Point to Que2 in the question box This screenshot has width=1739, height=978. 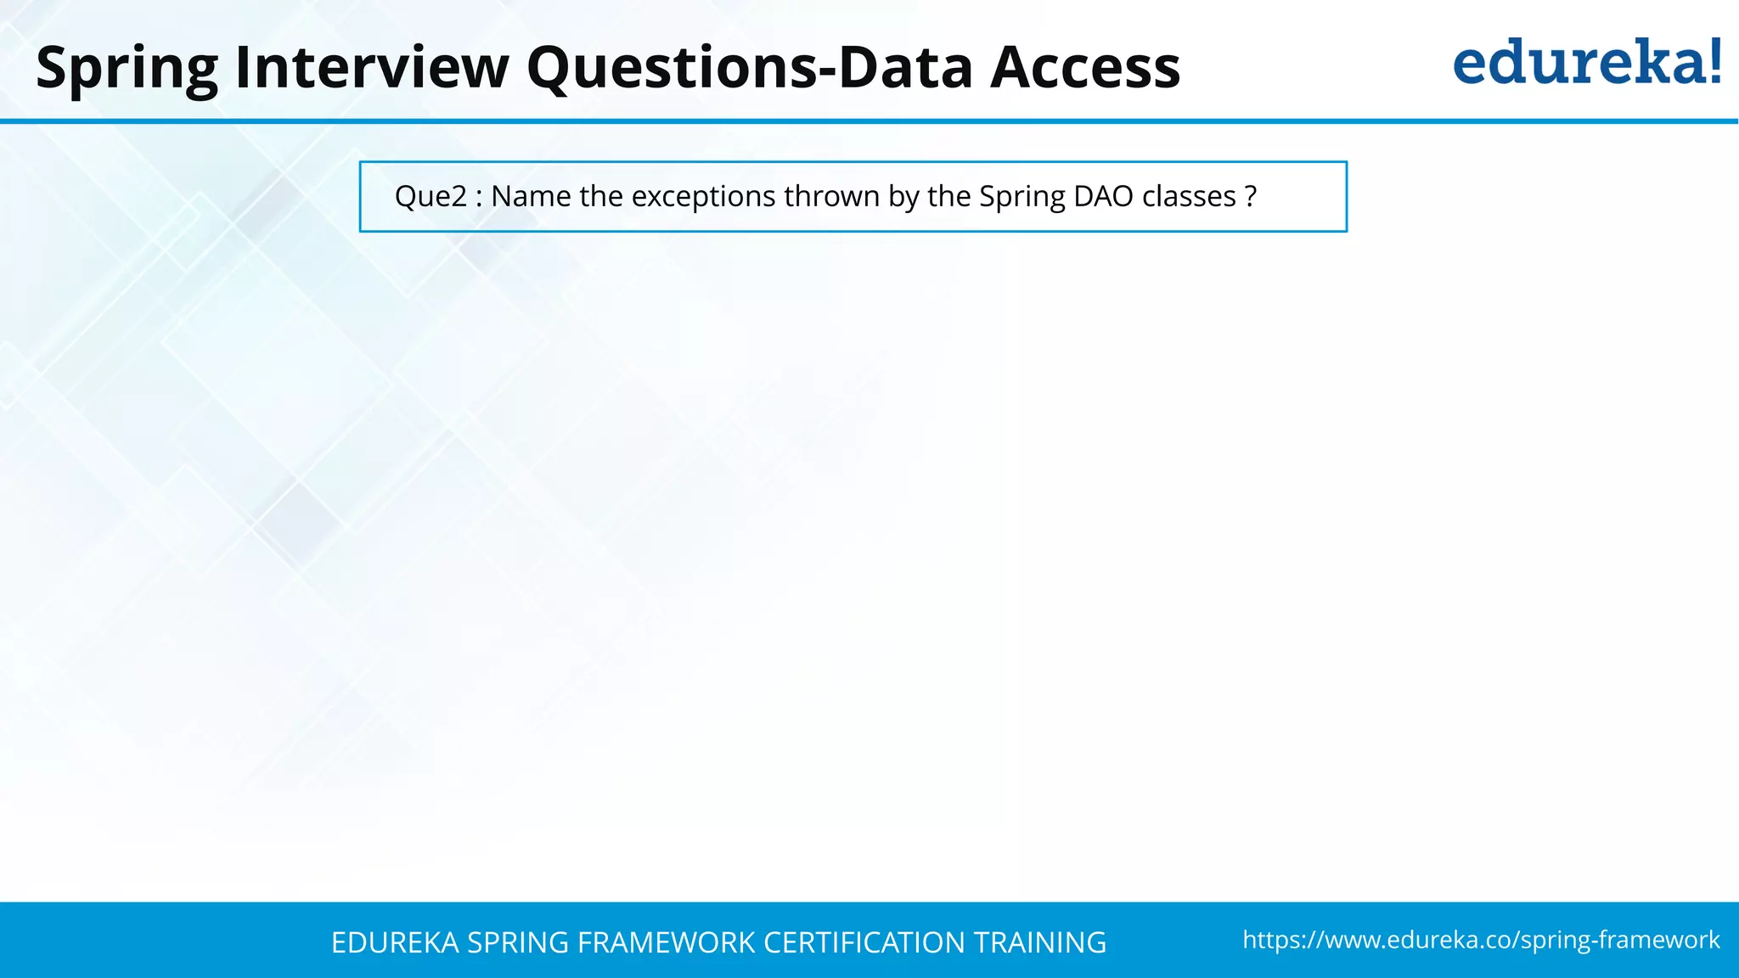[x=431, y=196]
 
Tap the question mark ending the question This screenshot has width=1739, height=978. [x=1250, y=196]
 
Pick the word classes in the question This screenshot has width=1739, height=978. [x=1189, y=196]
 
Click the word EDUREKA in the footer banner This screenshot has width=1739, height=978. [x=395, y=942]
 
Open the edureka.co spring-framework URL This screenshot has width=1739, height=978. [x=1481, y=940]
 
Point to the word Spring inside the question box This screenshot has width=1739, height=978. [x=1021, y=196]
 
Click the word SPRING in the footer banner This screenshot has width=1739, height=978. [x=518, y=942]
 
